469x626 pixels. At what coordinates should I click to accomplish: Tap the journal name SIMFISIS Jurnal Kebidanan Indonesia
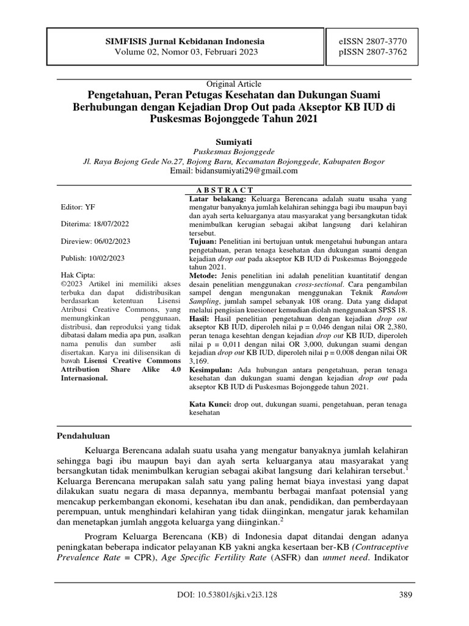[186, 41]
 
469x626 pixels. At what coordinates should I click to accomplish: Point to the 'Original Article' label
[234, 84]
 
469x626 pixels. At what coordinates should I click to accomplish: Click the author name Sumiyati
[234, 141]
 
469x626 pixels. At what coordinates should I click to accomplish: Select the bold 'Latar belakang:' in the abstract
[217, 199]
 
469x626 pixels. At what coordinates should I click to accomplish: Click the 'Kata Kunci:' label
[211, 405]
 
